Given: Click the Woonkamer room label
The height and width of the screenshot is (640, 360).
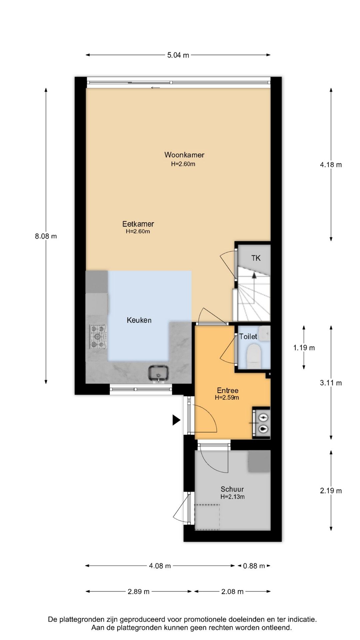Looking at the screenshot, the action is (184, 155).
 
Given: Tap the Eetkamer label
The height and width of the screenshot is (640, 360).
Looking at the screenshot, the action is (138, 224).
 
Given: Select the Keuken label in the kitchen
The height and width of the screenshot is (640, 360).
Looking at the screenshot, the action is (139, 320).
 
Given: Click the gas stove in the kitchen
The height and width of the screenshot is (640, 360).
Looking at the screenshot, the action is (97, 337).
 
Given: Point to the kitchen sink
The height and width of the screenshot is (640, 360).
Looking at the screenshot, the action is (159, 374).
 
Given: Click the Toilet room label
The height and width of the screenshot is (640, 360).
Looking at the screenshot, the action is (248, 336).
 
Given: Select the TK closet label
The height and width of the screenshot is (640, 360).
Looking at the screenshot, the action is (256, 258).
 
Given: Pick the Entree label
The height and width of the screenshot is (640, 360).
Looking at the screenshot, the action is (228, 390).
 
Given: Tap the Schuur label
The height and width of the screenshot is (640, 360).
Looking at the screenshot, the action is (232, 489).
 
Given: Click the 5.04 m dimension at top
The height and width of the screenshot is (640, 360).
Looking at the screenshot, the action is (178, 55).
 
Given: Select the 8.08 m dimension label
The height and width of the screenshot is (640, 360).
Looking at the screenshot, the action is (46, 236).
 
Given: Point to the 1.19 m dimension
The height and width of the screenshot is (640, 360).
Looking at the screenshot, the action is (304, 348).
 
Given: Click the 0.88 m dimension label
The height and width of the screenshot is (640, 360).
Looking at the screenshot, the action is (254, 566).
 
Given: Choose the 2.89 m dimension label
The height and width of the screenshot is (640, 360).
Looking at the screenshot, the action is (139, 592).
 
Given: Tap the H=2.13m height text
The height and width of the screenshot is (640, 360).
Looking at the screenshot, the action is (232, 497).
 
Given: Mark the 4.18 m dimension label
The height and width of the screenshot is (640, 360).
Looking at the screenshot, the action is (331, 165).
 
